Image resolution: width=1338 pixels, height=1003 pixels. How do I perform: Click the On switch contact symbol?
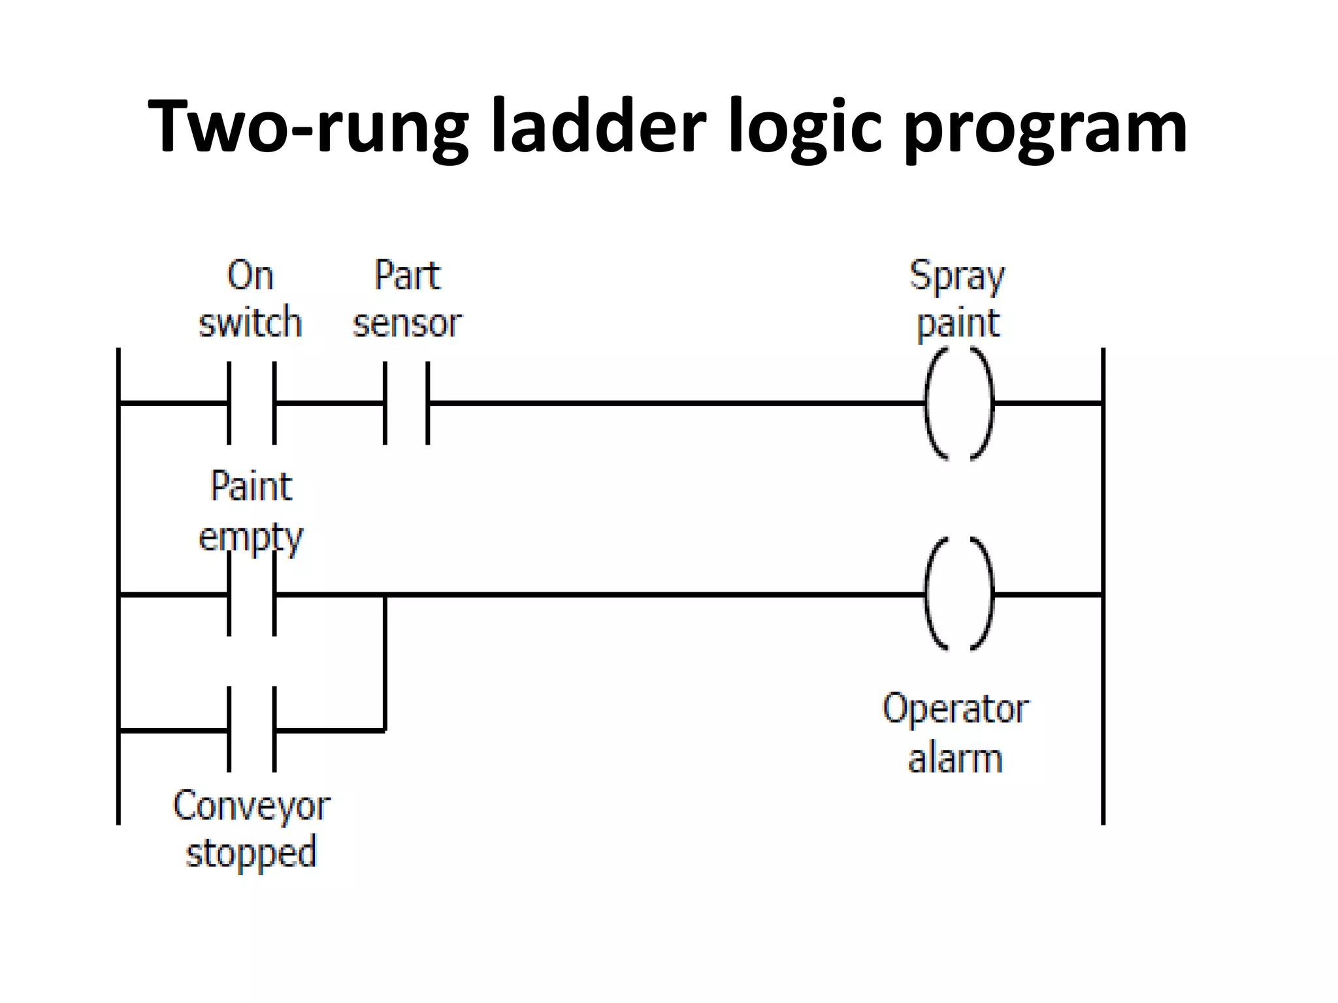[252, 404]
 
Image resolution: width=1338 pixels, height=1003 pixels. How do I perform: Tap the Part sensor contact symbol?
[406, 404]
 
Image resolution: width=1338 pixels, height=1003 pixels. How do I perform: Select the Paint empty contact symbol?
[252, 594]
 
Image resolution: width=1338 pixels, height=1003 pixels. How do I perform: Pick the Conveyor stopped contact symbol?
[252, 729]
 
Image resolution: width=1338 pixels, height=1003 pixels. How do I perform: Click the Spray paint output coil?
[959, 404]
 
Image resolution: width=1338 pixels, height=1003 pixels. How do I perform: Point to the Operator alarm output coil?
[959, 594]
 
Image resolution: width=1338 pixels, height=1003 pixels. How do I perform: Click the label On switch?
[250, 299]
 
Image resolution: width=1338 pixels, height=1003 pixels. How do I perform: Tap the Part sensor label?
[407, 299]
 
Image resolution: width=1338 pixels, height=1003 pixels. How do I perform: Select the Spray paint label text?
[958, 299]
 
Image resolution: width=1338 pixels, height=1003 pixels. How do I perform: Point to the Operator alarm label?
[955, 733]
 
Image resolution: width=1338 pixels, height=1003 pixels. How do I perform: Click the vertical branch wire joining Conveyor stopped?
[385, 663]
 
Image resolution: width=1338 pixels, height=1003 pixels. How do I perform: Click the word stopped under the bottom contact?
[252, 853]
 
